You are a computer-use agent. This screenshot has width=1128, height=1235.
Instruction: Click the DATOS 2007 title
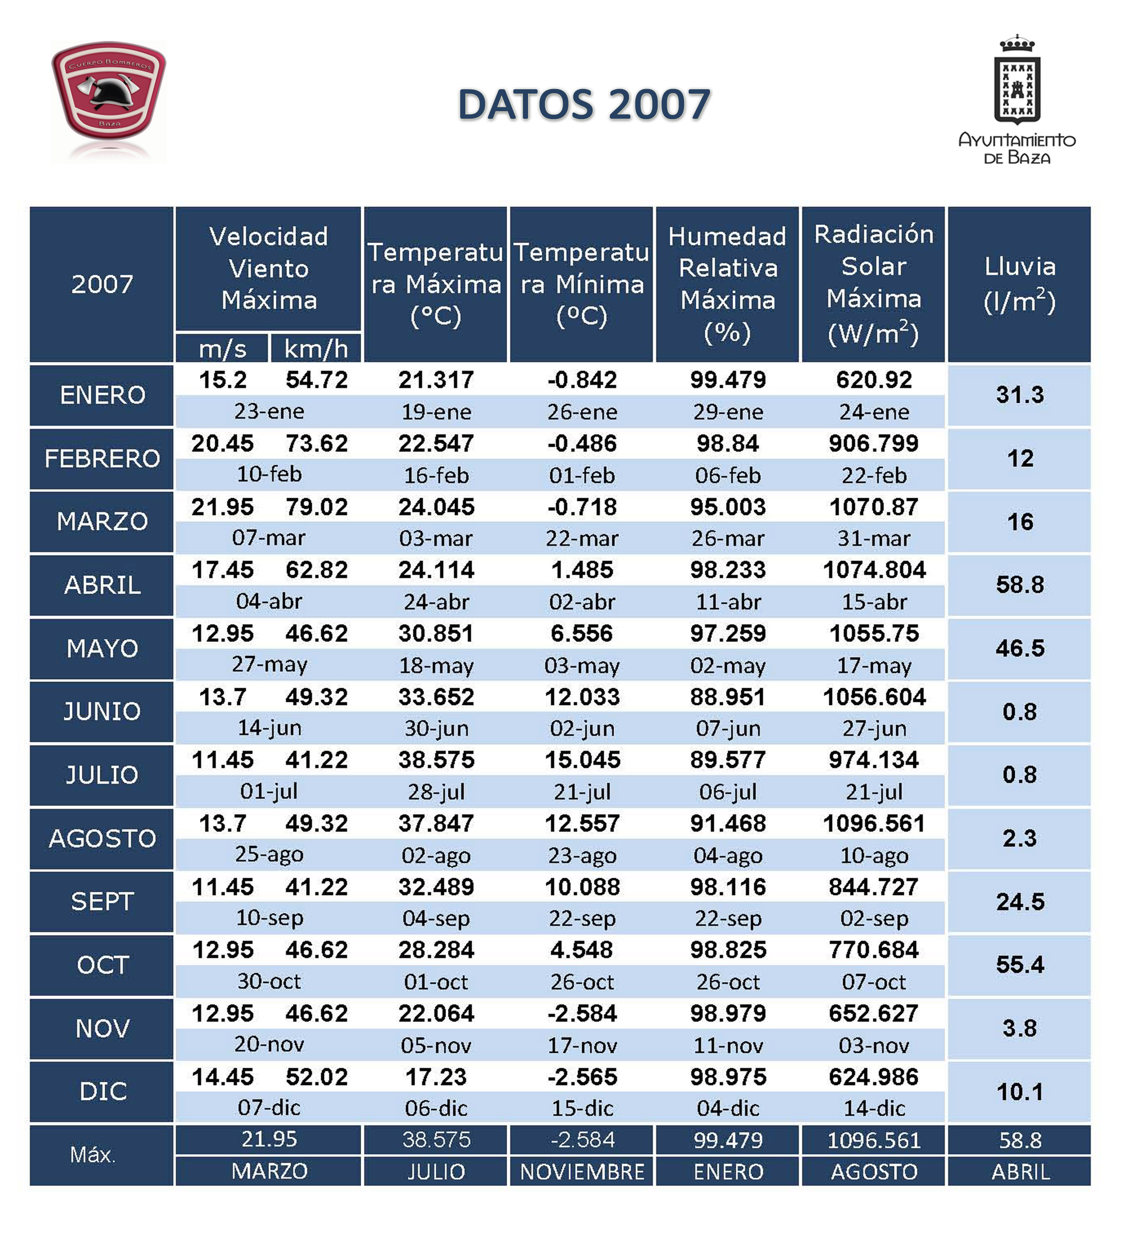[584, 104]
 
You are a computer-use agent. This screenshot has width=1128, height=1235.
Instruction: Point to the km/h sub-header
[316, 349]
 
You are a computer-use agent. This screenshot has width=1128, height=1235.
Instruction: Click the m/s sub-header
[222, 349]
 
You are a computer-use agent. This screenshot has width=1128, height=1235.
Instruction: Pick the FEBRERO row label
[102, 458]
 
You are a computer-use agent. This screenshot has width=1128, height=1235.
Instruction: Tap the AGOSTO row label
[102, 838]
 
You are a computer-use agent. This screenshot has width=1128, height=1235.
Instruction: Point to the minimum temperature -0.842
[582, 380]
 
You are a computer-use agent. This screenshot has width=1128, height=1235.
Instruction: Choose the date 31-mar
[874, 539]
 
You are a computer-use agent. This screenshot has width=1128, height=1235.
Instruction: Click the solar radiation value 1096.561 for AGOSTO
[874, 823]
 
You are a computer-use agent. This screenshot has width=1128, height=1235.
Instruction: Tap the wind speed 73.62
[316, 444]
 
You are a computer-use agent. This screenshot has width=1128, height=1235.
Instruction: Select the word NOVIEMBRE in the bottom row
[582, 1172]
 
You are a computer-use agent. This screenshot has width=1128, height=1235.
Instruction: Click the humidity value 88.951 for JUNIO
[728, 697]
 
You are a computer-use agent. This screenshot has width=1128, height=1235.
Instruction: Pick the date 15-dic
[582, 1108]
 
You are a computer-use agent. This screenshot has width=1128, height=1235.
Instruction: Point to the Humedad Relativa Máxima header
[728, 284]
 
